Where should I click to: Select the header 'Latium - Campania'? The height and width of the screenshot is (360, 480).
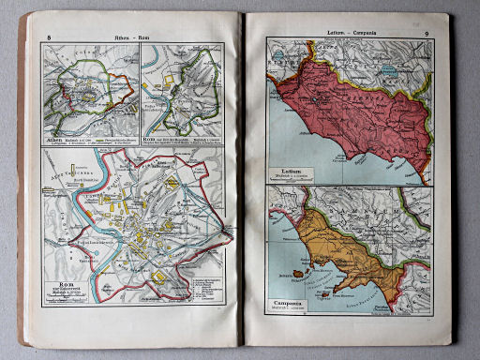click(346, 33)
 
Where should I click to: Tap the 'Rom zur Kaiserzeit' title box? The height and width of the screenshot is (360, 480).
click(67, 286)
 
